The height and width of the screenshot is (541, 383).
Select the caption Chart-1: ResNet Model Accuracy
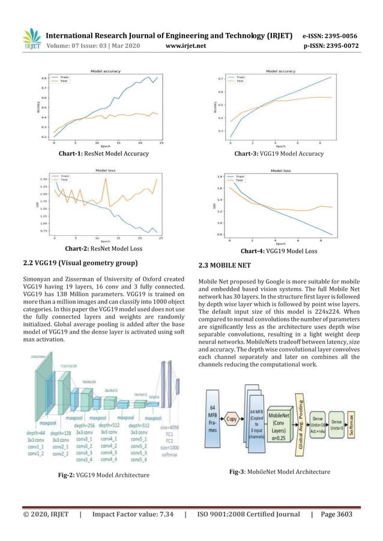coord(103,154)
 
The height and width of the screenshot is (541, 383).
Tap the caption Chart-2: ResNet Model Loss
coord(103,248)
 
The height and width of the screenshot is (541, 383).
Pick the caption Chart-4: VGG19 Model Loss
coord(279,251)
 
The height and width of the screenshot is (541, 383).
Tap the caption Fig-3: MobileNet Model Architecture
coord(280,472)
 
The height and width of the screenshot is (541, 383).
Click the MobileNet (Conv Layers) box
coord(277,417)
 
